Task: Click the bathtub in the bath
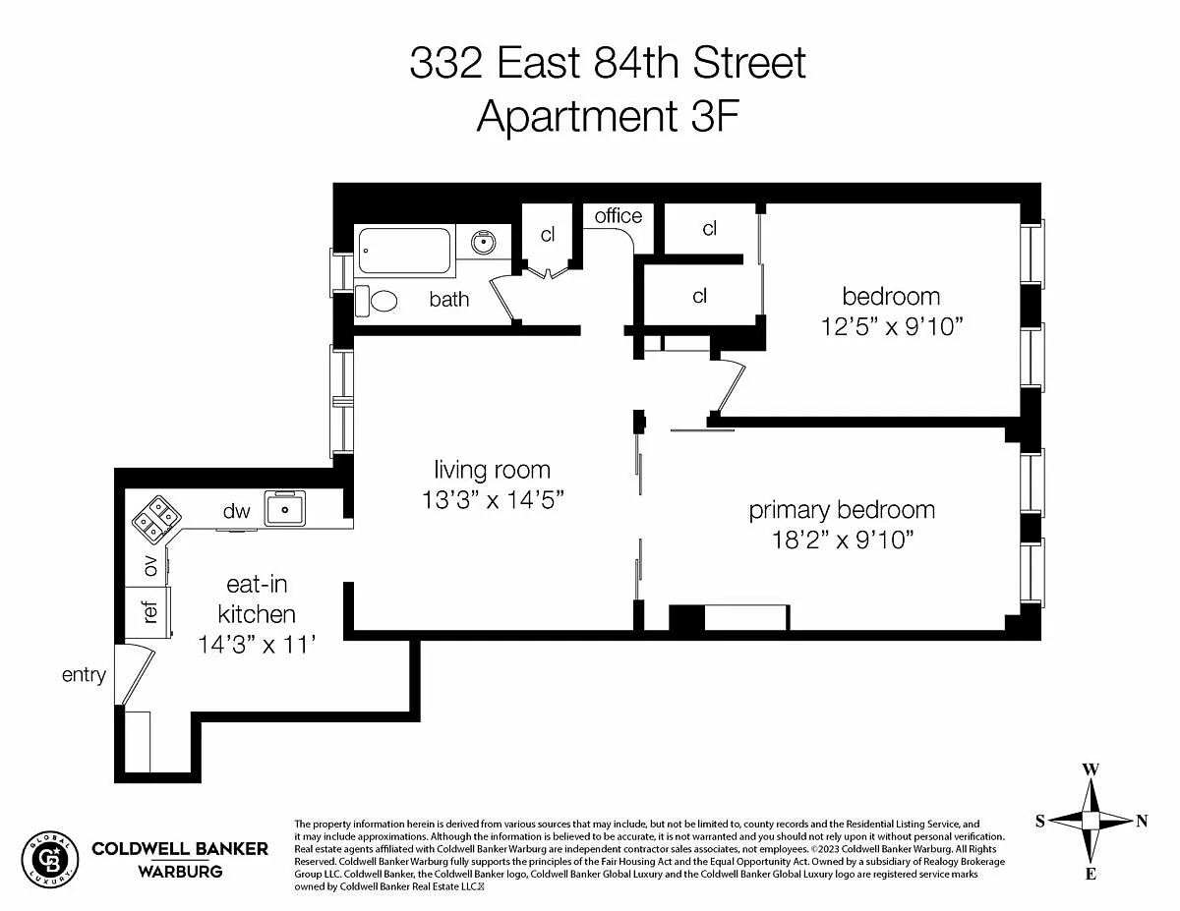pyautogui.click(x=404, y=251)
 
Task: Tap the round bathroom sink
pyautogui.click(x=483, y=242)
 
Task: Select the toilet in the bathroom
pyautogui.click(x=377, y=301)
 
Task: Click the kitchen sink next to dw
pyautogui.click(x=284, y=509)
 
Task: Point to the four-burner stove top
pyautogui.click(x=156, y=519)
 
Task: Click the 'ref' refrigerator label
pyautogui.click(x=150, y=611)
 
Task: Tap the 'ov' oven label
pyautogui.click(x=150, y=566)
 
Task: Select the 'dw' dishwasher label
pyautogui.click(x=237, y=511)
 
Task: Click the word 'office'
pyautogui.click(x=618, y=216)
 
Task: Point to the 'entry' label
pyautogui.click(x=84, y=675)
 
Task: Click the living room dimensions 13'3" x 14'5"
pyautogui.click(x=493, y=499)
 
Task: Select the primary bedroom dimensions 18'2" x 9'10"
pyautogui.click(x=843, y=540)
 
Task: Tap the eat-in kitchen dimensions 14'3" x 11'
pyautogui.click(x=257, y=645)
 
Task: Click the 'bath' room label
pyautogui.click(x=449, y=299)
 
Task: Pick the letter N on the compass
pyautogui.click(x=1142, y=821)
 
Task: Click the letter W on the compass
pyautogui.click(x=1091, y=769)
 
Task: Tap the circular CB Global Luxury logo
pyautogui.click(x=50, y=860)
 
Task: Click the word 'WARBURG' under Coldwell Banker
pyautogui.click(x=180, y=872)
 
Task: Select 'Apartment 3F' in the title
pyautogui.click(x=608, y=116)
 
